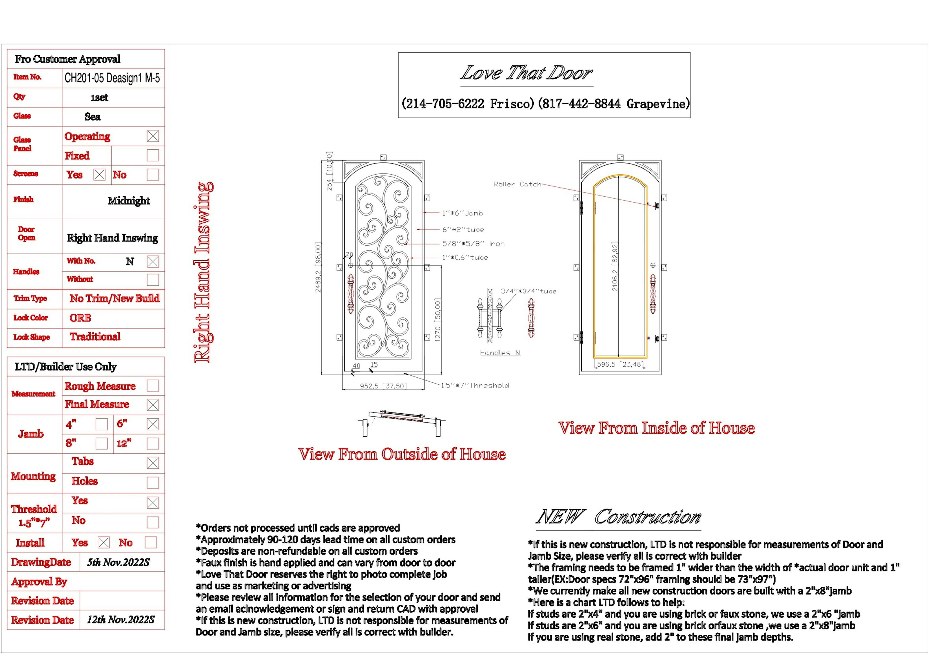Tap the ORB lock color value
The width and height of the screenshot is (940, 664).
pyautogui.click(x=80, y=318)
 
